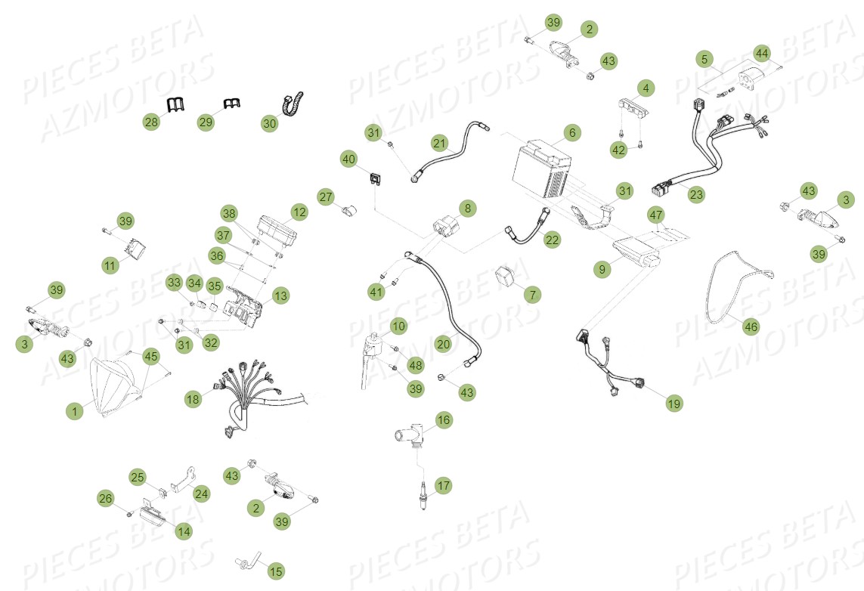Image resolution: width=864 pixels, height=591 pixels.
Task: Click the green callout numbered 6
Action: coord(572,133)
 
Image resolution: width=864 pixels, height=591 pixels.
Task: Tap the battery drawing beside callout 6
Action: coord(541,169)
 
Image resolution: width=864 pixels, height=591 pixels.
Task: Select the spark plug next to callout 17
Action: coord(423,495)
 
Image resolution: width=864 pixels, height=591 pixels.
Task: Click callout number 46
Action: coord(751,326)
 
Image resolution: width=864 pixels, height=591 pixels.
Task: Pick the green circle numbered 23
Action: coord(696,194)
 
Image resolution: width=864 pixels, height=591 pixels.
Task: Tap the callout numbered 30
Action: coord(269,123)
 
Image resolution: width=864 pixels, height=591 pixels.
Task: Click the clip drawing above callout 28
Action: coord(175,104)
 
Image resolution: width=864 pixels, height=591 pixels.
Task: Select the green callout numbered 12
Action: coord(299,212)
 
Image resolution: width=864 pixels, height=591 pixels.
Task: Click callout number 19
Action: coord(674,403)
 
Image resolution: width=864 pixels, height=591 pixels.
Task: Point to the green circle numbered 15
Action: coord(276,571)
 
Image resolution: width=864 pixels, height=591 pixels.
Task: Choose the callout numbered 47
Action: coord(655,215)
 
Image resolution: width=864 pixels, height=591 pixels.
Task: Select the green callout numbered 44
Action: coord(762,54)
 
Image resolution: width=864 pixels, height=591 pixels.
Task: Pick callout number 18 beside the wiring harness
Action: coord(193,399)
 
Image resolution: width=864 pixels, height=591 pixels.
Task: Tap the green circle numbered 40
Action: coord(348,159)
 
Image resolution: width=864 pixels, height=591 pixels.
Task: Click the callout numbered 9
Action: coord(602,269)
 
